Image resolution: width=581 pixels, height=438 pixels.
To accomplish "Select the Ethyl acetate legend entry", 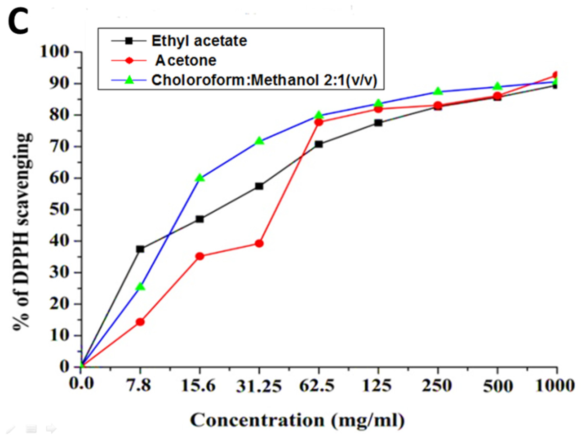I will [199, 41].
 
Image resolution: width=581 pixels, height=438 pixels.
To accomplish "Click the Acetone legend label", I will [185, 61].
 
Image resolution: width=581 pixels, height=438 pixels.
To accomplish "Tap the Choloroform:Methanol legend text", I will [264, 80].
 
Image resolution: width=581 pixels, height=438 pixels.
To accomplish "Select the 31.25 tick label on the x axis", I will [259, 386].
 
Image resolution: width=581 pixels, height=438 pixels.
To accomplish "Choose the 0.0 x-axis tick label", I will [81, 384].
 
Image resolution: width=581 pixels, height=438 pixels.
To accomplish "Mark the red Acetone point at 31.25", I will [259, 244].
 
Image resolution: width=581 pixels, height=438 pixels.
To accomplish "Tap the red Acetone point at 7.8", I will [140, 322].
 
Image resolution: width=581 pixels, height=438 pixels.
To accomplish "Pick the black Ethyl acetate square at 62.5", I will [319, 144].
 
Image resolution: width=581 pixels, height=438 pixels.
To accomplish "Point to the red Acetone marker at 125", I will [378, 109].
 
